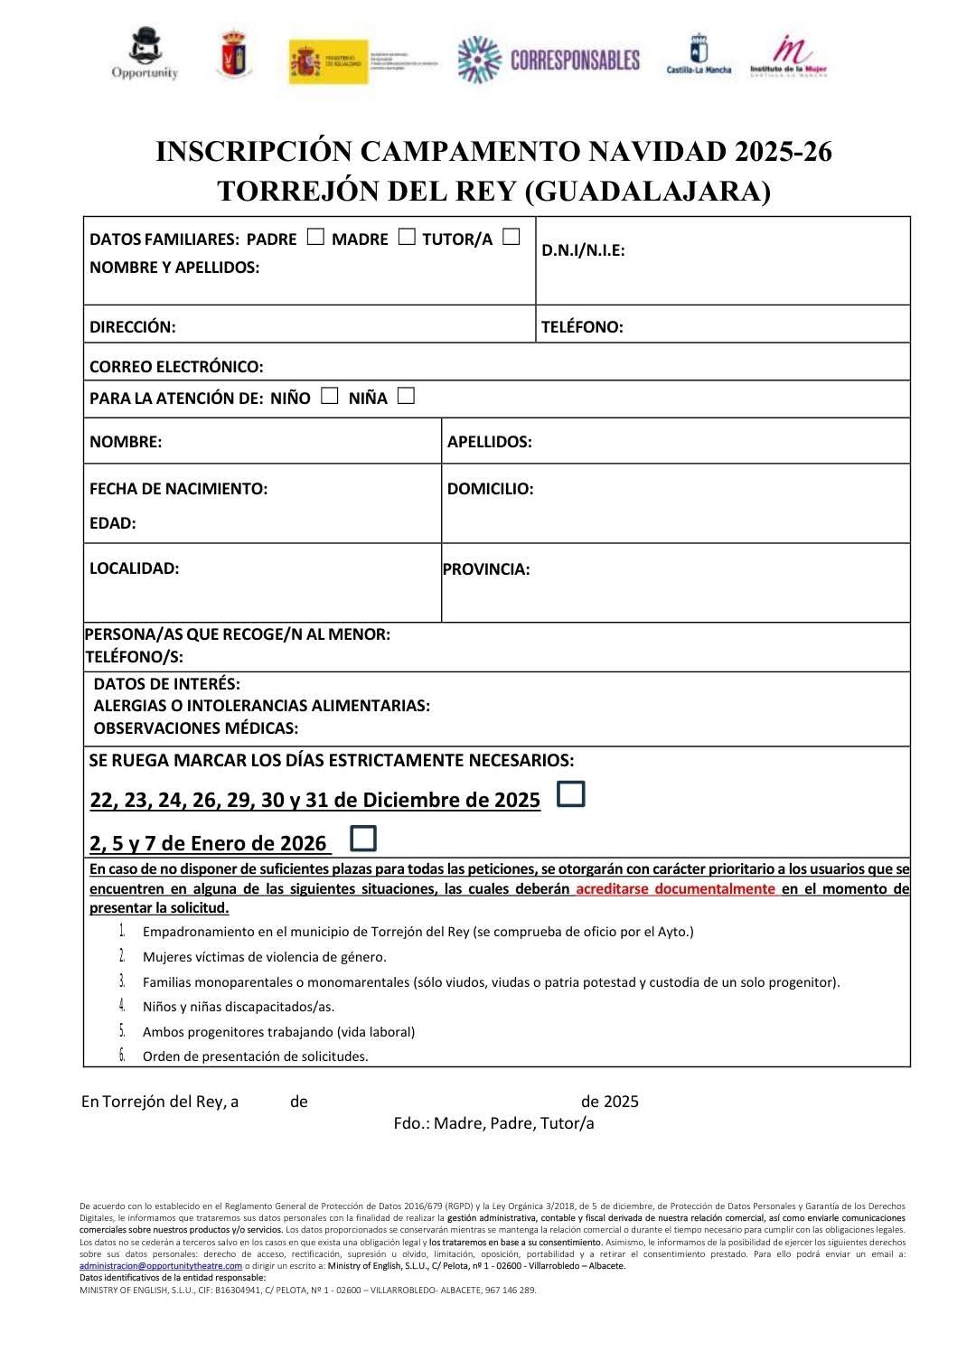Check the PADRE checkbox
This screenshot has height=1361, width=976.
coord(315,237)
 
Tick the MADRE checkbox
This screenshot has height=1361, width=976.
coord(407,237)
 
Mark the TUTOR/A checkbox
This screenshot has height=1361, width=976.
coord(511,237)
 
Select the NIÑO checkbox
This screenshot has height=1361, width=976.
coord(330,396)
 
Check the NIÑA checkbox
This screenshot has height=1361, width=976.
coord(406,396)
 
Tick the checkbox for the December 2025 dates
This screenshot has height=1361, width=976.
coord(571,794)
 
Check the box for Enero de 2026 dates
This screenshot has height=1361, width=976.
coord(363,838)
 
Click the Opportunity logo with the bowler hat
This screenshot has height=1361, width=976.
coord(145,55)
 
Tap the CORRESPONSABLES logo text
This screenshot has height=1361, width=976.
coord(575,60)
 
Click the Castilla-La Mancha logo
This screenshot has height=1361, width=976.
coord(699,55)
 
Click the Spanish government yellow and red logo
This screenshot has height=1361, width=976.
coord(329,61)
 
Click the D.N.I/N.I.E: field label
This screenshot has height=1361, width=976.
coord(583,251)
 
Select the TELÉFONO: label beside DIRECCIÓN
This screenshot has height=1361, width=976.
coord(582,327)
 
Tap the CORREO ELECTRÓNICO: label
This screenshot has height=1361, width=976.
coord(176,367)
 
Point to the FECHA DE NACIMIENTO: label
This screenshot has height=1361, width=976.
coord(178,489)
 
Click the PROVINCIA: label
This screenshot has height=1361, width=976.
coord(486,569)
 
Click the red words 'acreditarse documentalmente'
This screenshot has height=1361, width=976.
coord(676,888)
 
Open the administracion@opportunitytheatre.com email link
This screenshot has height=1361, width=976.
coord(161,1265)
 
